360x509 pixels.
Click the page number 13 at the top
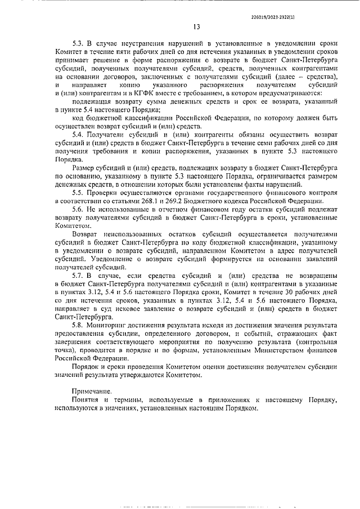[x=196, y=26]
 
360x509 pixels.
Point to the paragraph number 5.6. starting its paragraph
[x=79, y=209]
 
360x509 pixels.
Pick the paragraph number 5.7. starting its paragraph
[x=79, y=277]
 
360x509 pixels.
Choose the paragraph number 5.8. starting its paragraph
[x=79, y=326]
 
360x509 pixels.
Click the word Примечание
[x=92, y=391]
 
